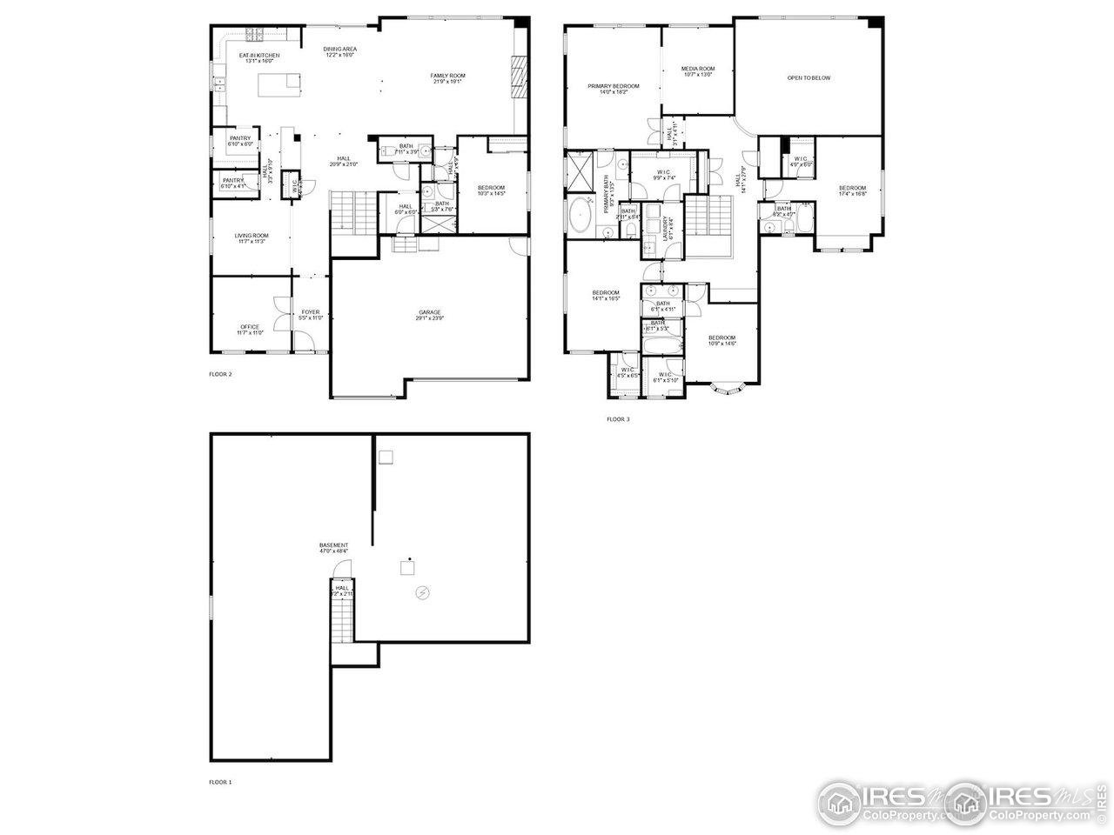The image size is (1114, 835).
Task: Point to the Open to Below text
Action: pyautogui.click(x=809, y=78)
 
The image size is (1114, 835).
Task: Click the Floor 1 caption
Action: pyautogui.click(x=220, y=782)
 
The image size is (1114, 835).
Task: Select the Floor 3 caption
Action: pyautogui.click(x=618, y=419)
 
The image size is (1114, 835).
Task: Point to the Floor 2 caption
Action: pyautogui.click(x=220, y=374)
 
